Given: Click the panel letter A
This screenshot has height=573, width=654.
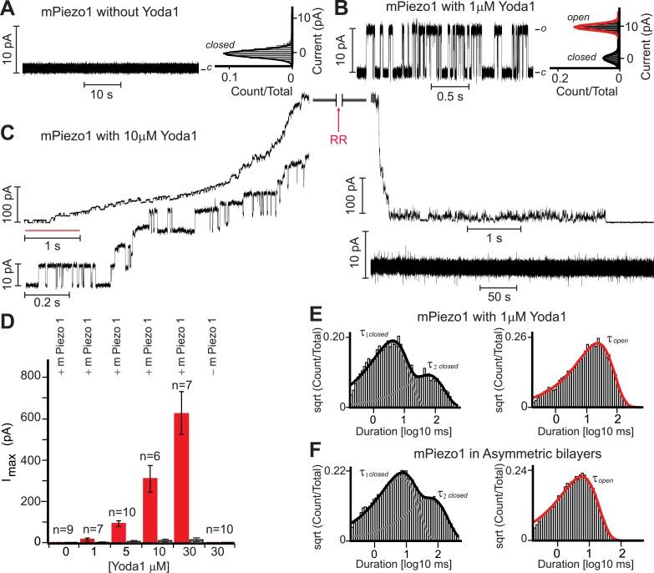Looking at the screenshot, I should tap(8, 9).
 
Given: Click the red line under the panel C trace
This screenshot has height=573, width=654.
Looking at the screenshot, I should tap(52, 229).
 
